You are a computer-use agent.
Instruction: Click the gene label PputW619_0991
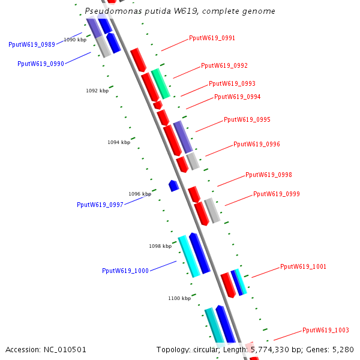click(x=212, y=38)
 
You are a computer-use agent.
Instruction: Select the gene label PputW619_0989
click(x=32, y=44)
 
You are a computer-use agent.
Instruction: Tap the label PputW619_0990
click(x=41, y=64)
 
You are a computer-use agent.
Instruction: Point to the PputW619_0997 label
click(x=100, y=205)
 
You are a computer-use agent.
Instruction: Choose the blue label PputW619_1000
click(x=125, y=271)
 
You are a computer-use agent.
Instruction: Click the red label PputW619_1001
click(x=303, y=266)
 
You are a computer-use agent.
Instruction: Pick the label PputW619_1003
click(x=325, y=330)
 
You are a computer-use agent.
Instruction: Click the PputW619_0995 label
click(x=247, y=119)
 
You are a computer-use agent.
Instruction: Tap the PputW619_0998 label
click(x=268, y=175)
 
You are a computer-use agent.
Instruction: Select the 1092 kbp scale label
click(x=97, y=91)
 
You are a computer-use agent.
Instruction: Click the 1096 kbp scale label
click(x=140, y=194)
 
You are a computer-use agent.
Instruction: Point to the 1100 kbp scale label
click(x=179, y=298)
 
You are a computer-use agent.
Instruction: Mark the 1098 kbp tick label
click(x=160, y=246)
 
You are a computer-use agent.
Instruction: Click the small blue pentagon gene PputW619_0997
click(x=174, y=185)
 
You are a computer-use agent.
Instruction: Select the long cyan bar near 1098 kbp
click(x=189, y=256)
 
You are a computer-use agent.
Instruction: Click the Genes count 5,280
click(x=343, y=349)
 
